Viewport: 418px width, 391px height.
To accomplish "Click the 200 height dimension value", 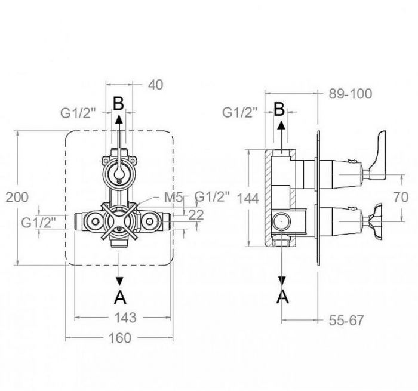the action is point(17,198).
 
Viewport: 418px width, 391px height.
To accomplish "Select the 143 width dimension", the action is point(125,318).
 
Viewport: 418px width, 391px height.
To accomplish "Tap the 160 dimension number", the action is point(120,338).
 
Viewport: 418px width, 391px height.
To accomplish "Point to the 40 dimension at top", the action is point(155,85).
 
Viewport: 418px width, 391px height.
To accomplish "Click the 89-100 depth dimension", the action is point(350,94).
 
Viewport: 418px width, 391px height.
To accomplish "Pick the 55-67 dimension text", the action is point(346,320).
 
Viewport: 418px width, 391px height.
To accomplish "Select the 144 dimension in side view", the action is point(248,198).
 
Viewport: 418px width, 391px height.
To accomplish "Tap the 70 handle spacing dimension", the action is point(401,197).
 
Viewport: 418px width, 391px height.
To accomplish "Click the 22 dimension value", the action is point(196,215).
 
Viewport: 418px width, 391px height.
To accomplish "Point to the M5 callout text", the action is point(174,198).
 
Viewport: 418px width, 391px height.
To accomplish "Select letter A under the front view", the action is point(120,297).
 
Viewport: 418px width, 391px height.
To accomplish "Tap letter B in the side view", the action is point(279,109).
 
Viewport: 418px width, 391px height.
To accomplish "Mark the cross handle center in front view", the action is point(119,221).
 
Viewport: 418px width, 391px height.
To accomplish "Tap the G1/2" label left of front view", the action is point(39,223).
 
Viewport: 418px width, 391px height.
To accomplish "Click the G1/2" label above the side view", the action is point(240,112).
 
